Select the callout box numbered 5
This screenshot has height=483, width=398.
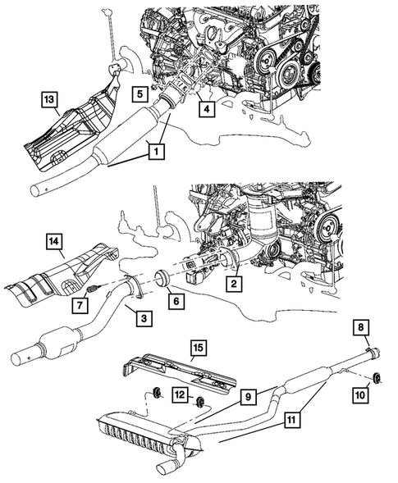click(140, 93)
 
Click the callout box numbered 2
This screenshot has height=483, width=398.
click(233, 285)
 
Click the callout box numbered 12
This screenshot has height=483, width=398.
click(178, 397)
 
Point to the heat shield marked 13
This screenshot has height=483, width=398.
click(74, 131)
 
